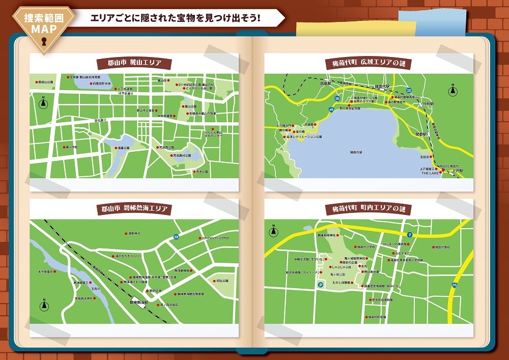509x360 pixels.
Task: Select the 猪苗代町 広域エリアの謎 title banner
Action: tap(369, 64)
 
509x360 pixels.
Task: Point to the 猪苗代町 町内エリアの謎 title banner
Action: tap(369, 209)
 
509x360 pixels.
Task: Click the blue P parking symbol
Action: tap(321, 286)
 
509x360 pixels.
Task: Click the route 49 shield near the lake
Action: tap(332, 109)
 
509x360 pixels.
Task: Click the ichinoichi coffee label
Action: tap(217, 238)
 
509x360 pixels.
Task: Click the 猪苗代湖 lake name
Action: tap(356, 152)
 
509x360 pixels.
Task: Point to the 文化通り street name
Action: tap(100, 121)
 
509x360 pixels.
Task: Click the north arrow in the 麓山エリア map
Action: tap(43, 102)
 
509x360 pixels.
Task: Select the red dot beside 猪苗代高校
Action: tap(433, 246)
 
